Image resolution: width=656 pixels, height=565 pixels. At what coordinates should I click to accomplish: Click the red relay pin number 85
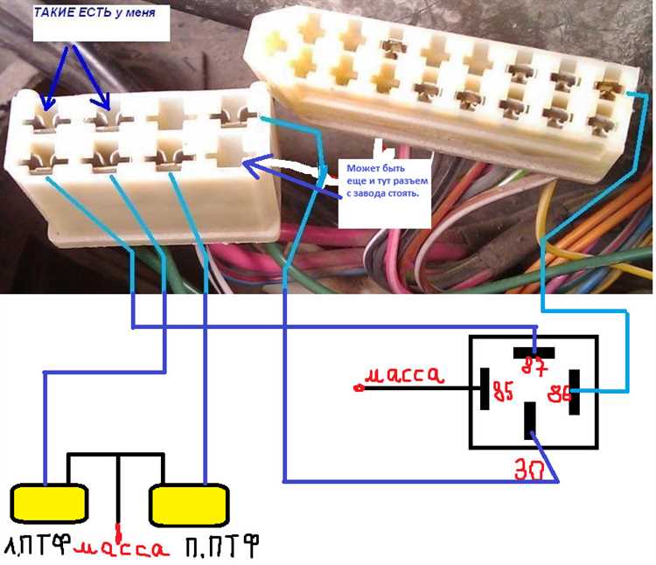505,391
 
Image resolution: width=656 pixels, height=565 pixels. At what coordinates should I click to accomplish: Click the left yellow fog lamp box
49,503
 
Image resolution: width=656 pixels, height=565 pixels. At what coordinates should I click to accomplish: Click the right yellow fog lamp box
190,503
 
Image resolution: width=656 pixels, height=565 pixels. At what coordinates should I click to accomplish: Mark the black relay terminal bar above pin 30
530,421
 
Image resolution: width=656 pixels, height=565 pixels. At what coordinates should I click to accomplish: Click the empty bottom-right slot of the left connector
229,153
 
